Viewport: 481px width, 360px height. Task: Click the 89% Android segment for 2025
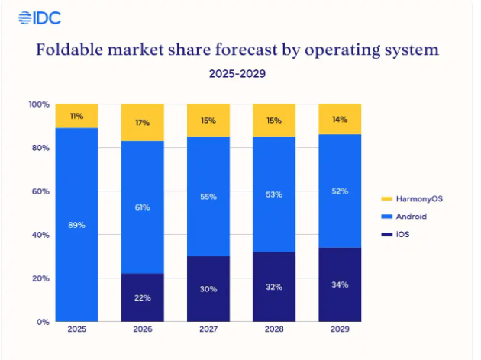(x=76, y=224)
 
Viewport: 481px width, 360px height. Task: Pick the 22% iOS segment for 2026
(x=142, y=297)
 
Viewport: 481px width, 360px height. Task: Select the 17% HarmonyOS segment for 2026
(x=142, y=122)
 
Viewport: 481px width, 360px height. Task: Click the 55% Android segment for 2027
(x=208, y=196)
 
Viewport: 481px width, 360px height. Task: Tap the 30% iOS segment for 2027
(x=208, y=289)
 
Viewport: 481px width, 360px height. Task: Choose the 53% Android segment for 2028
(x=274, y=194)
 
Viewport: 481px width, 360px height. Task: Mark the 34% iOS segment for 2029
(x=340, y=284)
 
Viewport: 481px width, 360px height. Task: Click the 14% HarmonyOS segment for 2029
(x=340, y=119)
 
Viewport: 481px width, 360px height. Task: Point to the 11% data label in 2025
(x=76, y=116)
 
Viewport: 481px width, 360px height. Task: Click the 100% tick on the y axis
(x=39, y=104)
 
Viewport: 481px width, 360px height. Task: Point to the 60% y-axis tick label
(x=40, y=191)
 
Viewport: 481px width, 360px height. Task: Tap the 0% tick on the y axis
(x=43, y=322)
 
